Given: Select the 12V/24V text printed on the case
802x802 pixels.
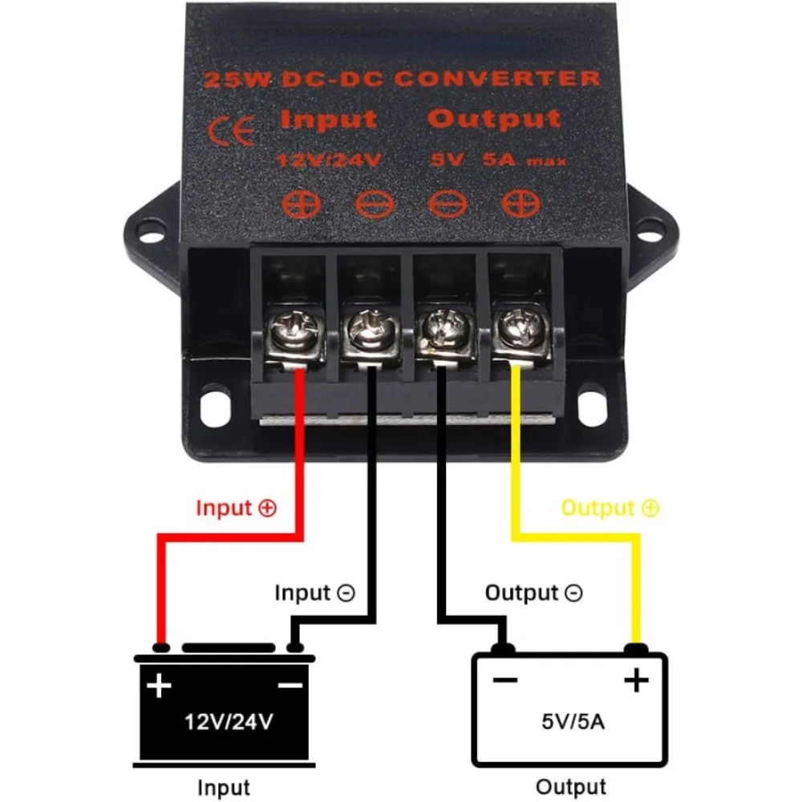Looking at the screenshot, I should pyautogui.click(x=328, y=160).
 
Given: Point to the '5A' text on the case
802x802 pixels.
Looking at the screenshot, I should pyautogui.click(x=499, y=160).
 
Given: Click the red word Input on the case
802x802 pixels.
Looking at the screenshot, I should pyautogui.click(x=328, y=120).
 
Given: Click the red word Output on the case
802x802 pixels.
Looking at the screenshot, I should pyautogui.click(x=493, y=119).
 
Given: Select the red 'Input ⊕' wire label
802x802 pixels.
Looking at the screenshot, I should pyautogui.click(x=236, y=508).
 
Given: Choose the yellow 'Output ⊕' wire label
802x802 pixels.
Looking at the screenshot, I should pyautogui.click(x=610, y=508).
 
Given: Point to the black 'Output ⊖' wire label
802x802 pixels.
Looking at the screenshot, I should pyautogui.click(x=534, y=593).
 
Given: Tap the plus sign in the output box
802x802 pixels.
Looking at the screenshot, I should pyautogui.click(x=636, y=681).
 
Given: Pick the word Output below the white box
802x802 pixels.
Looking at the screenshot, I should pyautogui.click(x=570, y=787).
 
